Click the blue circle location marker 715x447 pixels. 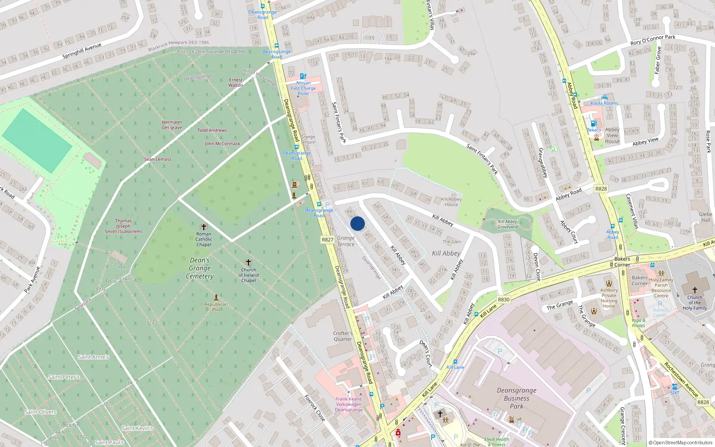(357, 223)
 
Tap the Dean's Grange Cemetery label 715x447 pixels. (200, 268)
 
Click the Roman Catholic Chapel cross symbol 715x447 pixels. (204, 227)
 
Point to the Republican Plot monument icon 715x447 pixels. (216, 297)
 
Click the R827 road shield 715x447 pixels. (328, 240)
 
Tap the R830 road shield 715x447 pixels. (503, 299)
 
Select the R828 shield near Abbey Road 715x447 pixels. (601, 189)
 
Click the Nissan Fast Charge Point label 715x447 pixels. (303, 88)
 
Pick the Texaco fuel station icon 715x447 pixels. (593, 124)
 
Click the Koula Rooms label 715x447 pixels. (604, 103)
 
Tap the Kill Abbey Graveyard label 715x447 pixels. (508, 224)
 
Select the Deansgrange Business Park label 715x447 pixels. (517, 398)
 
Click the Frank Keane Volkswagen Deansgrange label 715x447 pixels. (349, 404)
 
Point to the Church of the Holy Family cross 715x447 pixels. (694, 290)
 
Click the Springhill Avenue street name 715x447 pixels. (82, 51)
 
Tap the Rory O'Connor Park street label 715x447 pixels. (653, 40)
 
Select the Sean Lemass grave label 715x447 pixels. (157, 159)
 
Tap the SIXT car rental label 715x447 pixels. (674, 393)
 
